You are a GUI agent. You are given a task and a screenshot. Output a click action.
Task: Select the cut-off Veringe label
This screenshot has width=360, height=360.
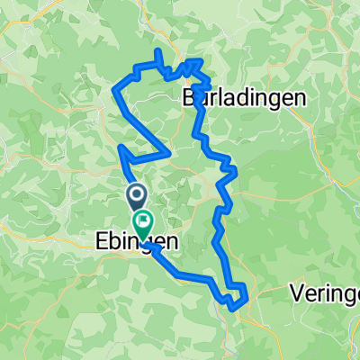(x=326, y=292)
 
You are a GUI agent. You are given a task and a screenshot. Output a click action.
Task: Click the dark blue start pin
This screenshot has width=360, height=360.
(x=138, y=195)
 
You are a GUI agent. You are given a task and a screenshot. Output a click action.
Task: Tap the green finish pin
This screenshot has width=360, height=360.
(x=142, y=220)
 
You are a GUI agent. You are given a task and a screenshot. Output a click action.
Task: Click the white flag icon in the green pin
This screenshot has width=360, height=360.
(x=142, y=219)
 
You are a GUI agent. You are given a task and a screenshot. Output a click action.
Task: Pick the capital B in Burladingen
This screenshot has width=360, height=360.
(x=187, y=96)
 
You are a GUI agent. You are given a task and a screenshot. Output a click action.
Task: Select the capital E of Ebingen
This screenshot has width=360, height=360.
(x=98, y=242)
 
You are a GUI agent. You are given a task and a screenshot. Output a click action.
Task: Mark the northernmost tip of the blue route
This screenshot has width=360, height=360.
(x=158, y=53)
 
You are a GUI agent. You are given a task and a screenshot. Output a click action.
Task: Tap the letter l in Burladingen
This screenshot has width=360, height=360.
(x=211, y=96)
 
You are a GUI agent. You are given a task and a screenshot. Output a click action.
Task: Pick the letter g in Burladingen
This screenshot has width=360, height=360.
(x=262, y=98)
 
